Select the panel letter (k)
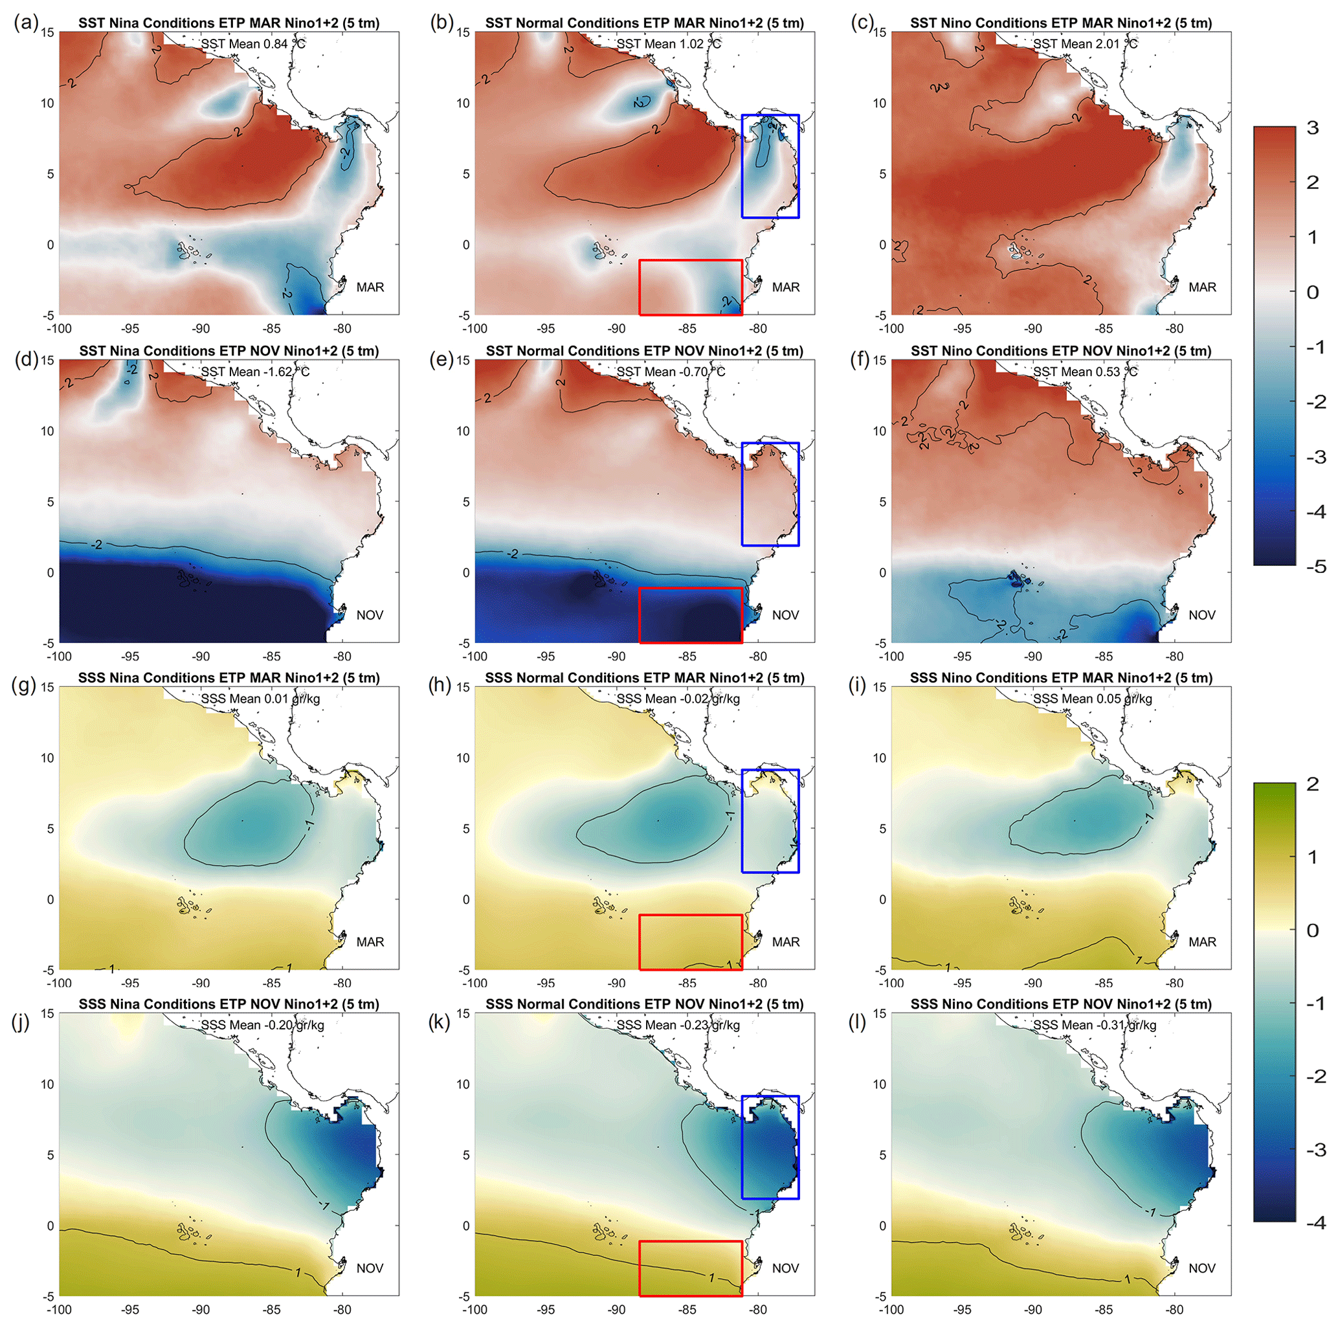(441, 1022)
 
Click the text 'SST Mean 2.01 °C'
(1084, 43)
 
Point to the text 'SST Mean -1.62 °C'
(255, 372)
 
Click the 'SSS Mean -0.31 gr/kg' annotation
(1094, 1025)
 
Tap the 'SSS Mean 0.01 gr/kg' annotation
(260, 699)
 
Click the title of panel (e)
(644, 351)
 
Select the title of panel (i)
(1061, 679)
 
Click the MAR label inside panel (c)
(1202, 287)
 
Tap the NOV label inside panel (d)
(370, 615)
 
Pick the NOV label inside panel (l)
(1202, 1268)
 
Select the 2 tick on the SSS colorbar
(1311, 784)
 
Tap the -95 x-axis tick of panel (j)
(129, 1309)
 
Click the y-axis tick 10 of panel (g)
(47, 758)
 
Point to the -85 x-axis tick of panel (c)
(1104, 328)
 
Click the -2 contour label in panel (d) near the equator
(96, 545)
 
